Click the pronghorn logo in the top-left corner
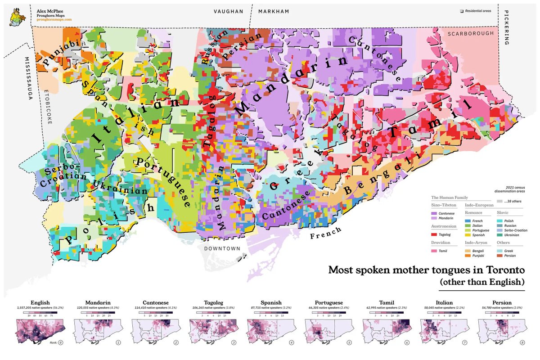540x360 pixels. [x=18, y=15]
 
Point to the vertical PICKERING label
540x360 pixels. [x=506, y=27]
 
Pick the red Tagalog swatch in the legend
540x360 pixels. [x=434, y=234]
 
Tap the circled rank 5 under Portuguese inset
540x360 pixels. [x=350, y=343]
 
